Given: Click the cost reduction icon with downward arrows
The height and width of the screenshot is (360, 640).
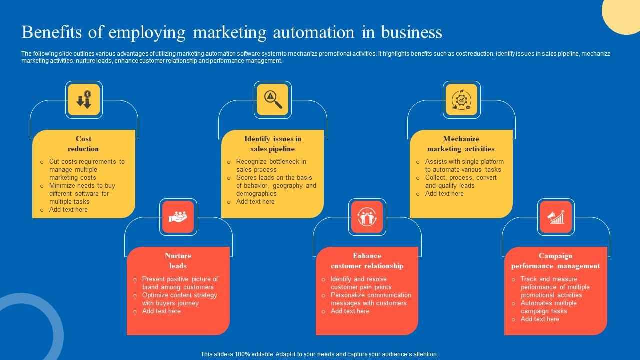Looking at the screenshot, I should tap(84, 100).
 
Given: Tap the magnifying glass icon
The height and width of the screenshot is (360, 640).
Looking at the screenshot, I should tap(273, 100).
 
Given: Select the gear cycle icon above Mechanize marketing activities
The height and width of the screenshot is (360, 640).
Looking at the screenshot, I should tap(461, 100).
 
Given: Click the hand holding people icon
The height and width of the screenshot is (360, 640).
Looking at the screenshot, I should tap(178, 217).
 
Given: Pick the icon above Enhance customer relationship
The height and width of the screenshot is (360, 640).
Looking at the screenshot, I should tap(367, 217).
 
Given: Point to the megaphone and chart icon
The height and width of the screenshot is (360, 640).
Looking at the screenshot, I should tap(556, 217).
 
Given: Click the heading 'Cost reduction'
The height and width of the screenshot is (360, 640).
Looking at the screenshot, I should tap(83, 144).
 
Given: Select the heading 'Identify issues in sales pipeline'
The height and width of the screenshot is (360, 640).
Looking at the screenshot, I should tap(272, 144).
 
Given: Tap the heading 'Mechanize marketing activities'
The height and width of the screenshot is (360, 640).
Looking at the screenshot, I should tap(461, 144).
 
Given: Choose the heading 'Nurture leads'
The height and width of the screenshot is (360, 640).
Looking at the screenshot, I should tap(178, 261).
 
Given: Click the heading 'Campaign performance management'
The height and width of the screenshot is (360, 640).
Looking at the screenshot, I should tap(555, 261).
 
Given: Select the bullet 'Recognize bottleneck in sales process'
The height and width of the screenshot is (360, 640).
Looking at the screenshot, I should tap(271, 166).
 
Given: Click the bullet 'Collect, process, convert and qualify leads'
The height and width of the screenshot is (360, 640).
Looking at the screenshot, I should tap(460, 181).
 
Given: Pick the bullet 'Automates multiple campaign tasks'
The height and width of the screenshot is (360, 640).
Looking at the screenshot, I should tap(548, 307).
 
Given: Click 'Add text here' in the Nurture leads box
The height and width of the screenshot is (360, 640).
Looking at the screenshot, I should tap(161, 311).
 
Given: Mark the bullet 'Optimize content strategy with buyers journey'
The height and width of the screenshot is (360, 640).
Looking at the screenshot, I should tap(179, 299).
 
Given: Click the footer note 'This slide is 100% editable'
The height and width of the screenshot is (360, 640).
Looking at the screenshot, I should tap(319, 354).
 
